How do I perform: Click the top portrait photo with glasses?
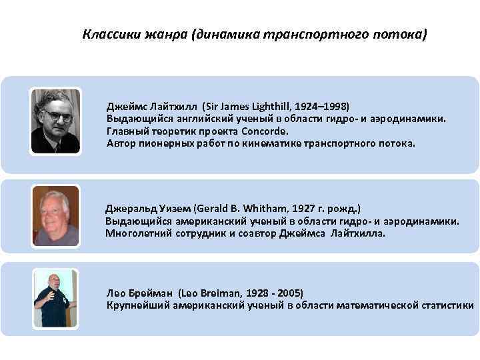tap(56, 121)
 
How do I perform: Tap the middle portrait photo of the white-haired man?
tap(56, 217)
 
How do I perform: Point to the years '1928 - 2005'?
tap(273, 293)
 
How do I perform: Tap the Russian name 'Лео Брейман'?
tap(140, 293)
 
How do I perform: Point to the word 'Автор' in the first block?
tap(121, 143)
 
